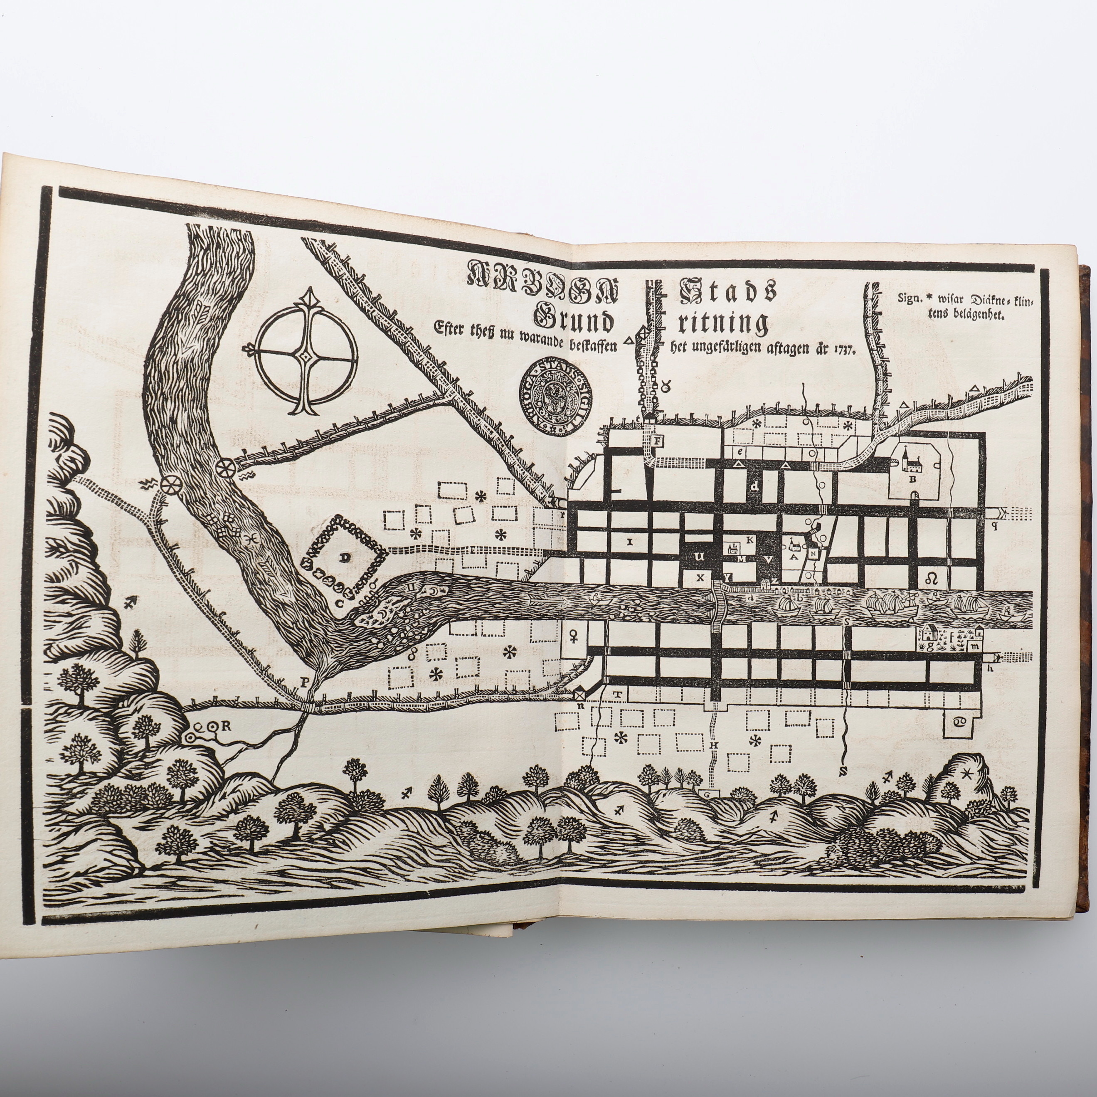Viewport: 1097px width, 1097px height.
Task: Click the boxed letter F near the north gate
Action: pyautogui.click(x=658, y=441)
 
